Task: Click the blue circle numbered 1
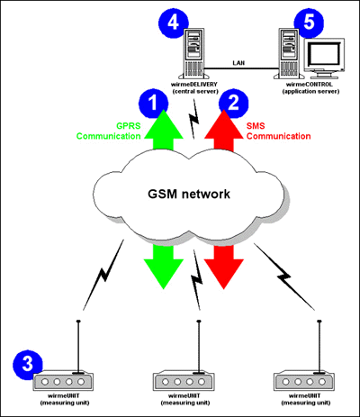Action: pos(153,103)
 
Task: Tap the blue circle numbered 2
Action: pos(233,103)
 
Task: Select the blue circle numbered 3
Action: pos(28,365)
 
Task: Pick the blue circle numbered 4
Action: pos(174,23)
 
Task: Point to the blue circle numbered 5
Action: pos(309,23)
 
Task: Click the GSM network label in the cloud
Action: pos(189,194)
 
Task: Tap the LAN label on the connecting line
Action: pos(238,63)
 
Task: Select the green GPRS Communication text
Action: pos(109,131)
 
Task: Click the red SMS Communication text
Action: pos(278,131)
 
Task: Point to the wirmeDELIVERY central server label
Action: pos(194,87)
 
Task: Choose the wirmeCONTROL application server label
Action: pos(310,87)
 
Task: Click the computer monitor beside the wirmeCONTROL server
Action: pos(323,58)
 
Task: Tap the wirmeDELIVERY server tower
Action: pos(193,53)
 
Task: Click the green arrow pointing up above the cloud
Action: pos(164,130)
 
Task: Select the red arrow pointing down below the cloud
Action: pos(223,267)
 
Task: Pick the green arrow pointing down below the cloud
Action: pos(164,267)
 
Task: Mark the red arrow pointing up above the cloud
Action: pos(224,130)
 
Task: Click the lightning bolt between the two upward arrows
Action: pos(193,120)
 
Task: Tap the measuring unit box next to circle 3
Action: pos(63,381)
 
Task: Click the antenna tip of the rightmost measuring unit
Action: pos(319,322)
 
